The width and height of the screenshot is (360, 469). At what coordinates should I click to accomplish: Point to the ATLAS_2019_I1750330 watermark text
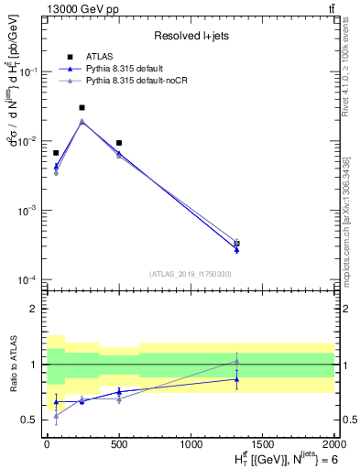click(191, 274)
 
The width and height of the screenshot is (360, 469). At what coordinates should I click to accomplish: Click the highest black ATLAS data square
click(82, 107)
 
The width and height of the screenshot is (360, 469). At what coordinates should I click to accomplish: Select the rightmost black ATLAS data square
click(236, 244)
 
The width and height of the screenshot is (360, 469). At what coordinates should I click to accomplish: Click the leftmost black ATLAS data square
click(56, 153)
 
